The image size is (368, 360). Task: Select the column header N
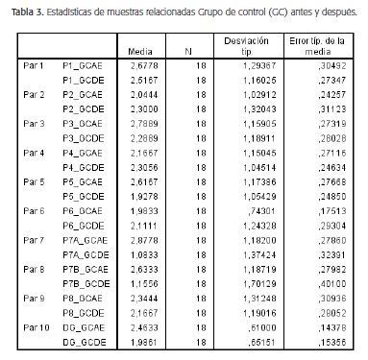[191, 51]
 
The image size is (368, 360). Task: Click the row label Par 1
[35, 69]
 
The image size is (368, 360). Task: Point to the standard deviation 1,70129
[256, 283]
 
